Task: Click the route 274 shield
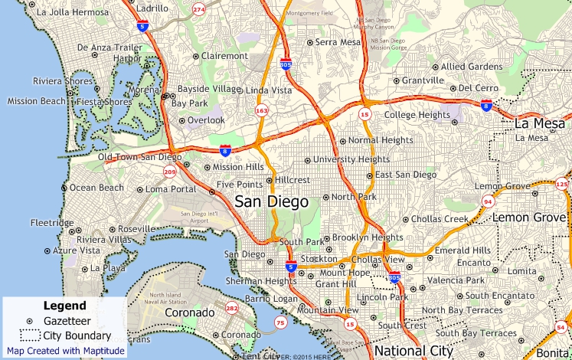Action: [199, 9]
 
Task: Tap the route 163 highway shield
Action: [262, 110]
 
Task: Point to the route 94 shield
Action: [488, 201]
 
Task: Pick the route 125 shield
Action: [562, 184]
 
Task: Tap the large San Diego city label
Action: [271, 202]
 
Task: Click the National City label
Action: [414, 351]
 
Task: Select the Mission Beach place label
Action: [36, 101]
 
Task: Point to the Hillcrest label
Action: [293, 180]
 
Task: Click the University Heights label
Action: [351, 159]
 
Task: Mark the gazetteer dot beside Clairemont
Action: [196, 56]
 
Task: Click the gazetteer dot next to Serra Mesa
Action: [309, 42]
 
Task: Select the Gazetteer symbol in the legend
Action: [30, 321]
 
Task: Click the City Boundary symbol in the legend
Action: [30, 335]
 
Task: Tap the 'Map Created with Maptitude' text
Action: [66, 351]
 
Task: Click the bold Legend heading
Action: [64, 306]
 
